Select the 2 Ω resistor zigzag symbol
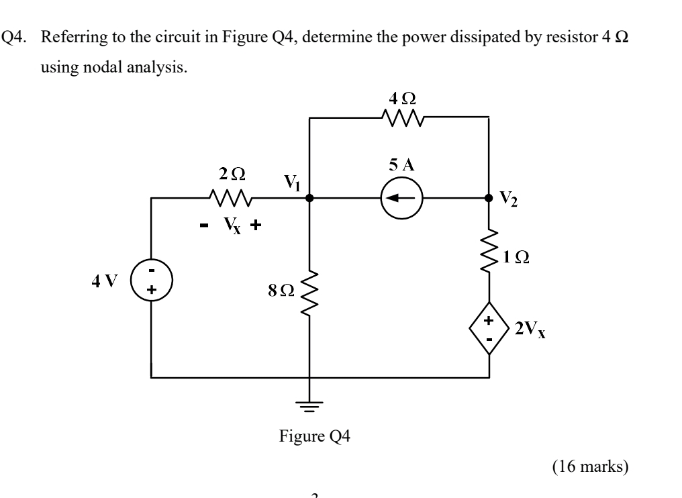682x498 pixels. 230,199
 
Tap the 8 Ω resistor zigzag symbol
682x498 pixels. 309,291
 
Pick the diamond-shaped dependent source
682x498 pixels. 488,331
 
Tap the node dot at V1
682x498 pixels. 309,199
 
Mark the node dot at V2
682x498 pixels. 488,199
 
